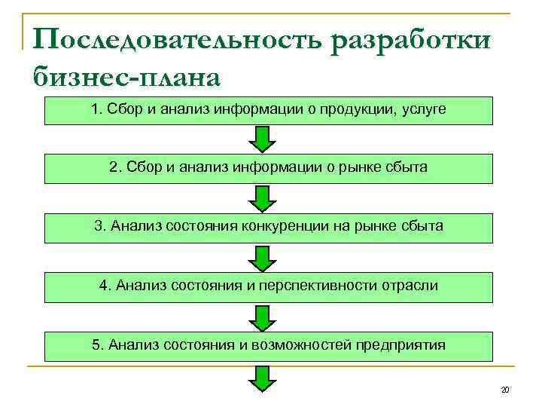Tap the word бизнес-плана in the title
pos(126,75)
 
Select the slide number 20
pos(504,390)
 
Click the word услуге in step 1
pos(424,110)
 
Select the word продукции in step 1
pos(358,110)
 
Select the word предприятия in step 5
pos(404,345)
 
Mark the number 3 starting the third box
pos(97,225)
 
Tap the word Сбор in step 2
pos(140,167)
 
